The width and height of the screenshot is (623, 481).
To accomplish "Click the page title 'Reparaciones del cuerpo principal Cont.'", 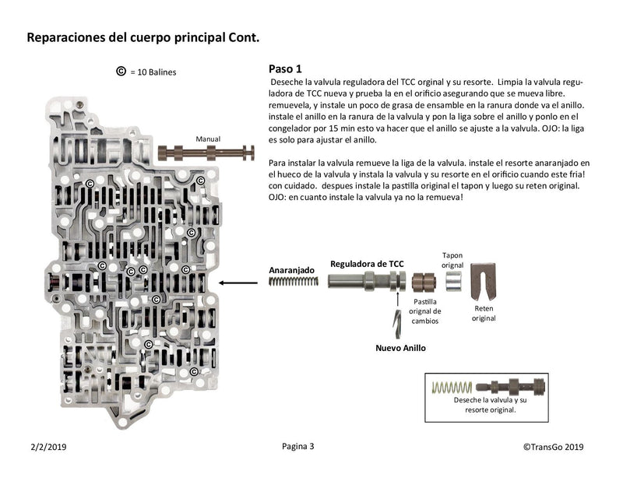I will pyautogui.click(x=143, y=37).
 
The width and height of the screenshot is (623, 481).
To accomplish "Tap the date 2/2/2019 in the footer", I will pyautogui.click(x=48, y=447).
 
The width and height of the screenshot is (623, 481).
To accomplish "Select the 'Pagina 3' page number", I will pyautogui.click(x=298, y=447).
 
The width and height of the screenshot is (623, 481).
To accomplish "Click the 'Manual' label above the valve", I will pyautogui.click(x=208, y=138).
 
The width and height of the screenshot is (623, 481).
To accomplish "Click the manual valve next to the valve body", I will pyautogui.click(x=207, y=152).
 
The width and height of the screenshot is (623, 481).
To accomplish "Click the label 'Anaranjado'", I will pyautogui.click(x=292, y=270).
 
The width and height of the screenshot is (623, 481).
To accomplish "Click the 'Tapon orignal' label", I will pyautogui.click(x=452, y=260).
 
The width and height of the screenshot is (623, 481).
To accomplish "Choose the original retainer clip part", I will pyautogui.click(x=484, y=283).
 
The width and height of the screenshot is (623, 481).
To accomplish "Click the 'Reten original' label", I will pyautogui.click(x=484, y=313).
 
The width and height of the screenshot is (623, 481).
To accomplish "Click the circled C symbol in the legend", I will pyautogui.click(x=121, y=72).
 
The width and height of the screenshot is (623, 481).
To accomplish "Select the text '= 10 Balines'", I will pyautogui.click(x=153, y=72).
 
